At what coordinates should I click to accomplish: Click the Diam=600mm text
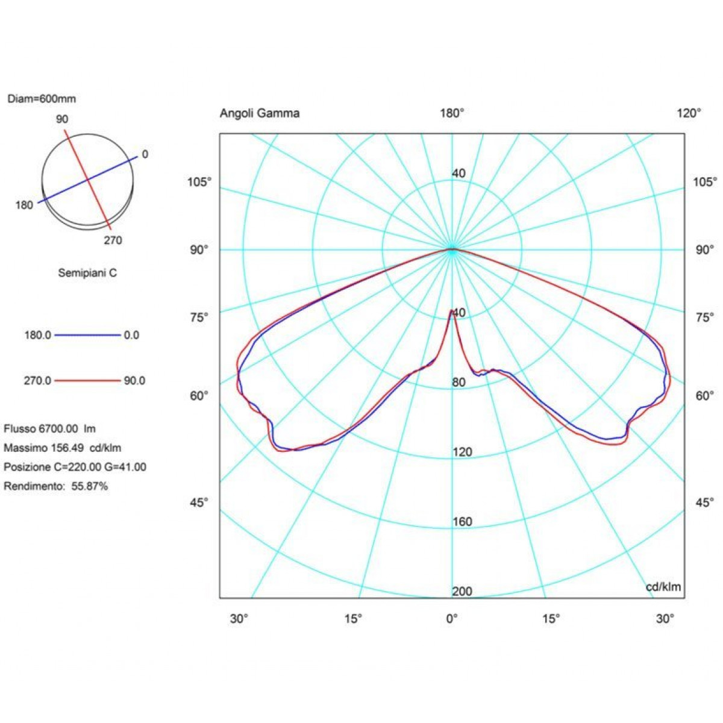42,99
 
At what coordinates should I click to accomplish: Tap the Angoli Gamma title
260,113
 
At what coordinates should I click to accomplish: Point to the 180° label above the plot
452,113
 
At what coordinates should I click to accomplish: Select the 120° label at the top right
689,113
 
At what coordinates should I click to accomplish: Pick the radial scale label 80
459,383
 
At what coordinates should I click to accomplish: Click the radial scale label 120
462,452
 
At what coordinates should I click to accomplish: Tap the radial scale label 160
462,522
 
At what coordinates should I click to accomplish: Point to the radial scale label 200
462,592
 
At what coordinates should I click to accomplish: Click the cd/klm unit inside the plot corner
663,587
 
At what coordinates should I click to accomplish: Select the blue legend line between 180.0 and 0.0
87,335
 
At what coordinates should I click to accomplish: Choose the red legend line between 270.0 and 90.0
87,380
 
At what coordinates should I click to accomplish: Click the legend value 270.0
37,381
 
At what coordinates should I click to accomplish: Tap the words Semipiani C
87,273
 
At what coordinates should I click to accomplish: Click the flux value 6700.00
58,428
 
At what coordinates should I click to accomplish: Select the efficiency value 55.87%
90,486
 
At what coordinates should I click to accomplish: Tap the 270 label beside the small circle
113,240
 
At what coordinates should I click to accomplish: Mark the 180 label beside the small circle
24,205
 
